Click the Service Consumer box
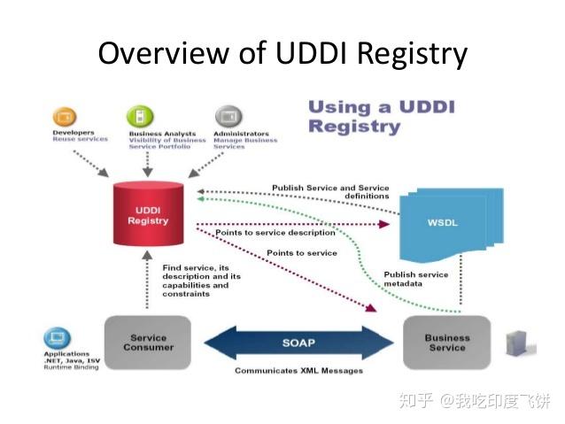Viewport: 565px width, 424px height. [148, 343]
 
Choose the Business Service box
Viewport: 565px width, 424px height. [446, 343]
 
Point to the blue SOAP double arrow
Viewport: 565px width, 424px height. [298, 342]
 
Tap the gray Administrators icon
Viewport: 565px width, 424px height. [228, 116]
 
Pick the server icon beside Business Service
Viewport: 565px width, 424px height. [515, 343]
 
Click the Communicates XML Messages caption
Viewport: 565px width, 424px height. [298, 371]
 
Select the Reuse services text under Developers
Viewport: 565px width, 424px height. [80, 139]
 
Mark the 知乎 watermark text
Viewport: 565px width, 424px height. [416, 401]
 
